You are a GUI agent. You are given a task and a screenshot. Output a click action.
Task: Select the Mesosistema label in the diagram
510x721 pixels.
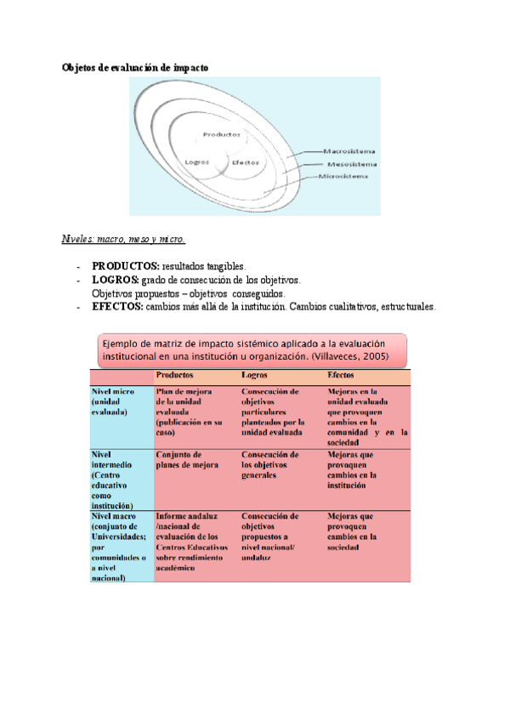[x=352, y=163]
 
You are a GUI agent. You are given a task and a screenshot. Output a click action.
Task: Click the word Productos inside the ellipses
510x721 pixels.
[x=221, y=134]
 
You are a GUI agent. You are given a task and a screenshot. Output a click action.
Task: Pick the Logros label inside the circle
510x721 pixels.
[x=197, y=162]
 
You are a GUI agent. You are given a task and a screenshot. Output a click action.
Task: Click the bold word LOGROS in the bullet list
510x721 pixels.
[x=116, y=280]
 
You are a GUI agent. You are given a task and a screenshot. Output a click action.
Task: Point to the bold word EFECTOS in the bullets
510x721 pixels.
[x=117, y=306]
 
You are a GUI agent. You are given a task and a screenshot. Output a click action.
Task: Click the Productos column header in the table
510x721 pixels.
[x=175, y=374]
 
